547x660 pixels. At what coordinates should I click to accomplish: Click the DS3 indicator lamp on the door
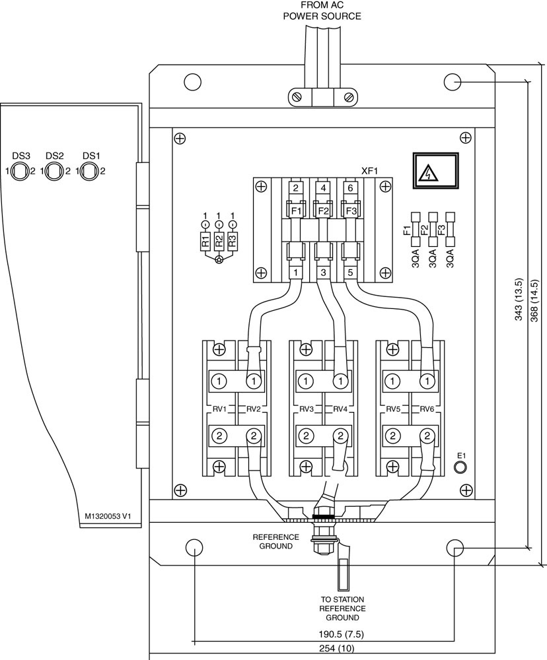click(19, 172)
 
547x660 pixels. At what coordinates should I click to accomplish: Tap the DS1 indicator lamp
click(89, 172)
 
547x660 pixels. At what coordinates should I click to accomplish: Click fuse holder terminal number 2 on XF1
click(295, 188)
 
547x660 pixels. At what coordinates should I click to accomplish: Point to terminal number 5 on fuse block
click(351, 273)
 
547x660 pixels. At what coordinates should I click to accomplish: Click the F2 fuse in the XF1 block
click(323, 211)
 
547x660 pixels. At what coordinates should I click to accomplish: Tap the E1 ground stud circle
click(460, 467)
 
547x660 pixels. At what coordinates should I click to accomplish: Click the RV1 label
click(219, 409)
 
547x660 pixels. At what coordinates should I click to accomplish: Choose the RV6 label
click(427, 409)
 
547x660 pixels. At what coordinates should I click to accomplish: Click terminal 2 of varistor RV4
click(340, 435)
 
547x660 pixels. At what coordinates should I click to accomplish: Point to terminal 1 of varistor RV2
click(254, 381)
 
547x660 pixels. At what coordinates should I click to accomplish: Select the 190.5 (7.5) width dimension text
click(341, 634)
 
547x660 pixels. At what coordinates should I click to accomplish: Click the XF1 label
click(370, 171)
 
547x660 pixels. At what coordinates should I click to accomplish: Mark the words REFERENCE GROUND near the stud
click(275, 542)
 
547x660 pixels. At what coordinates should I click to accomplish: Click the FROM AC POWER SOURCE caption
click(322, 11)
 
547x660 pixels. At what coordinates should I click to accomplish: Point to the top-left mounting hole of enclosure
click(193, 81)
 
